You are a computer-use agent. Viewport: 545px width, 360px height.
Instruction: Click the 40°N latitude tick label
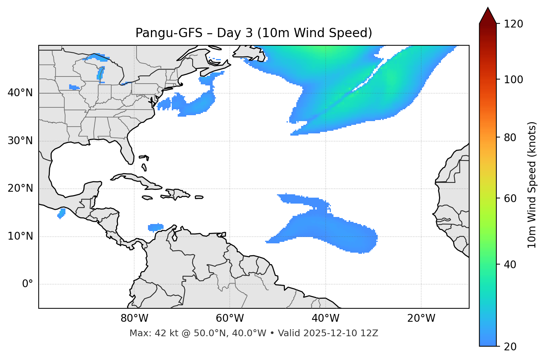coord(20,93)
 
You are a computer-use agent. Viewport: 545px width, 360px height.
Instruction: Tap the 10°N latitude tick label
coord(20,236)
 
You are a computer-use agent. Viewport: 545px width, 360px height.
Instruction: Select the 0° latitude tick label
coord(27,284)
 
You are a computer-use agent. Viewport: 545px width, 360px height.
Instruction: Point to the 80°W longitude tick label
coord(134,318)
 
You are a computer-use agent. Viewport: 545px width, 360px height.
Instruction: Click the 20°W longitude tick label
coord(421,318)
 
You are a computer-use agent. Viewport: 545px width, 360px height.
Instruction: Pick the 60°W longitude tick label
coord(230,318)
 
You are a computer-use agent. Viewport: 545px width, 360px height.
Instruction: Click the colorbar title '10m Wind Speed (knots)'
coord(532,185)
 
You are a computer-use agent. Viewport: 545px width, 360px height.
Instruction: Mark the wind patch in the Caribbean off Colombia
coord(155,227)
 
